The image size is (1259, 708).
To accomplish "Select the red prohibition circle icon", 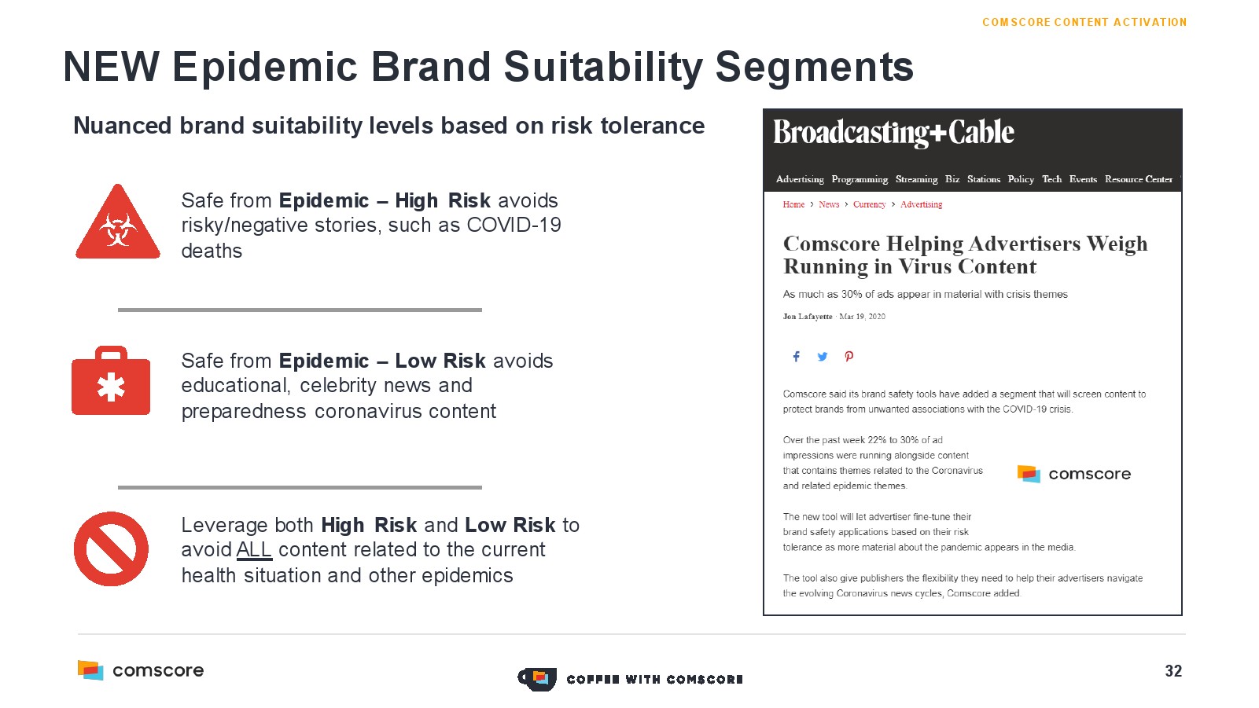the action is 112,548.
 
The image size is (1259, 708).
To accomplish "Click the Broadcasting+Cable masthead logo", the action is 893,133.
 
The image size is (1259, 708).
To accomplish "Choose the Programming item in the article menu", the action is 860,179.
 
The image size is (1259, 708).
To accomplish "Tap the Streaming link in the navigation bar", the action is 916,179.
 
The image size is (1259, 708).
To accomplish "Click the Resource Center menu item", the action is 1138,179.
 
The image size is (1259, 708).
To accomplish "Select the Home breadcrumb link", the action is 793,204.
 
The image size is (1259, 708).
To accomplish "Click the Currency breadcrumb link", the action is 869,204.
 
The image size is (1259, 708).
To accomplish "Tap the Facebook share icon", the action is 796,357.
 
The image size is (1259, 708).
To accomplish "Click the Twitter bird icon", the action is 823,357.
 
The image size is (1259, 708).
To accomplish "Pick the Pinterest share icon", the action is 849,357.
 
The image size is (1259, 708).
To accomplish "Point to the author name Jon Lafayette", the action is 807,317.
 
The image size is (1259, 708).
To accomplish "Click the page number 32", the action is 1173,671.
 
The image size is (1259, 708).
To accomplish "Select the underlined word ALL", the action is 254,550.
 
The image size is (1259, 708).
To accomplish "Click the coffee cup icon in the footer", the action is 537,680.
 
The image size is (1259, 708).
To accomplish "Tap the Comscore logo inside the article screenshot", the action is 1073,474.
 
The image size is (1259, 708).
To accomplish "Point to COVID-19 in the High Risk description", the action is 514,226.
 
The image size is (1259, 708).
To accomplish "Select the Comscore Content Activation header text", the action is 1084,23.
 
